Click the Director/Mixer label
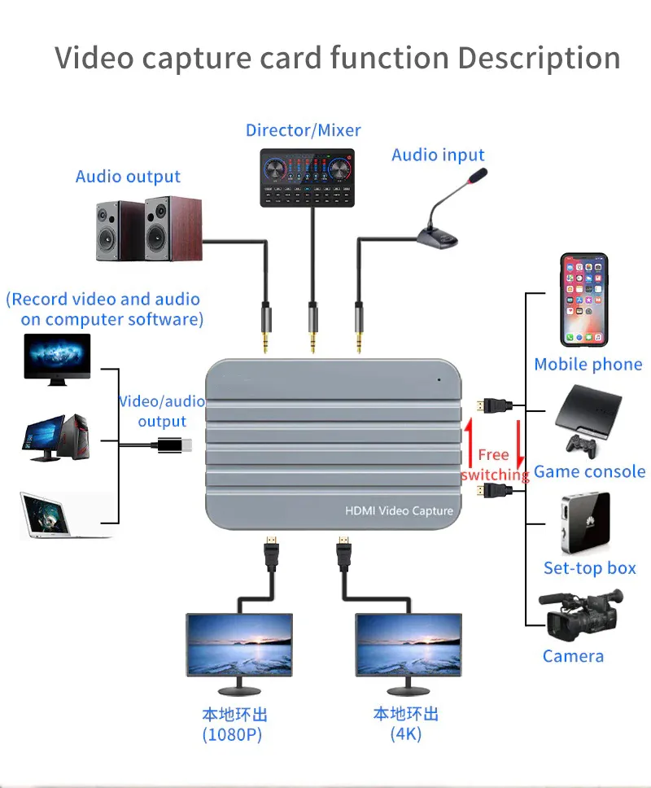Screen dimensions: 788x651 tap(303, 130)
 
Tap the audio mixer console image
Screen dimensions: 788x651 tap(308, 176)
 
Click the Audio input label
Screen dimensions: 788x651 tap(438, 155)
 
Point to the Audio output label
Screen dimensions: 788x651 tap(128, 177)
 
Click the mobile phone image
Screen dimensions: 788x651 tap(583, 300)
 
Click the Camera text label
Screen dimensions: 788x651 tap(573, 656)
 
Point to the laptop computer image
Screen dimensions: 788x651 tap(55, 515)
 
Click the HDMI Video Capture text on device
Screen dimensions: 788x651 tap(399, 510)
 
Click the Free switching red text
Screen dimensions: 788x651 tap(494, 465)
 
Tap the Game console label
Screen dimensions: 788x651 tap(589, 472)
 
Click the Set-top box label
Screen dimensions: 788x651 tap(589, 568)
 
